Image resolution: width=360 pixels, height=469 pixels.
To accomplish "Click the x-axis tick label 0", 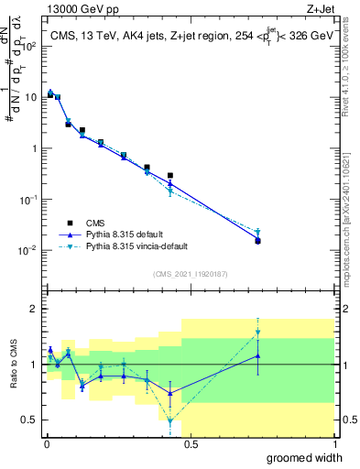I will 45,444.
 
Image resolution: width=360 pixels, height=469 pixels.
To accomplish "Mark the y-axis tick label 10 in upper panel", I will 31,97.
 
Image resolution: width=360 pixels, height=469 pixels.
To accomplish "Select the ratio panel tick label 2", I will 35,309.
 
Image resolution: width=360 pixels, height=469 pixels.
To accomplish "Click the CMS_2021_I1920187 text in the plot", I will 190,274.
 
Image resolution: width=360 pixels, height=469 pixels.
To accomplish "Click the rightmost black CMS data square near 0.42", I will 170,175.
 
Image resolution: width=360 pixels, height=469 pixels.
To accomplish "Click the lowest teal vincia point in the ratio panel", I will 170,421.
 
